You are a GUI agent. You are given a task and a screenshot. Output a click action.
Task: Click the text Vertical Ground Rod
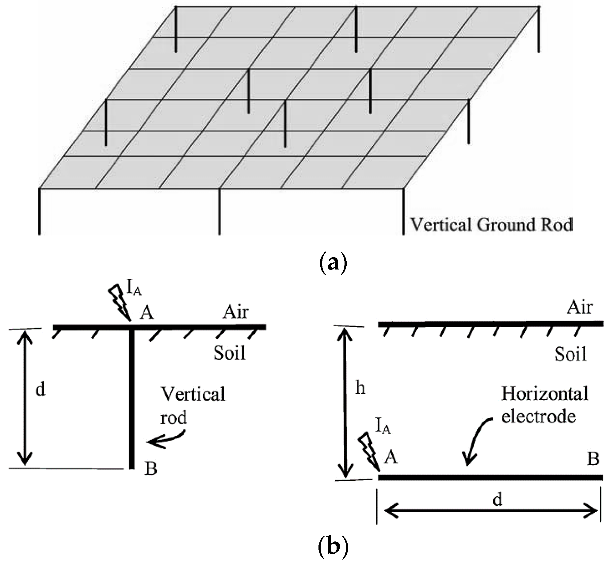click(x=491, y=224)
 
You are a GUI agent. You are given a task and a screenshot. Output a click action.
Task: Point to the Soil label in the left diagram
click(x=230, y=353)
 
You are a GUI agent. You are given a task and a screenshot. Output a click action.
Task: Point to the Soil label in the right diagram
click(x=570, y=354)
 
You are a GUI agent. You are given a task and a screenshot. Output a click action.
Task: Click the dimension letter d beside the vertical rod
click(x=40, y=389)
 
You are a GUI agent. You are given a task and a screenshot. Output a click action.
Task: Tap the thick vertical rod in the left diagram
click(x=132, y=399)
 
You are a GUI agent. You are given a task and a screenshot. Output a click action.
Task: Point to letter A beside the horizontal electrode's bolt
click(x=391, y=458)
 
